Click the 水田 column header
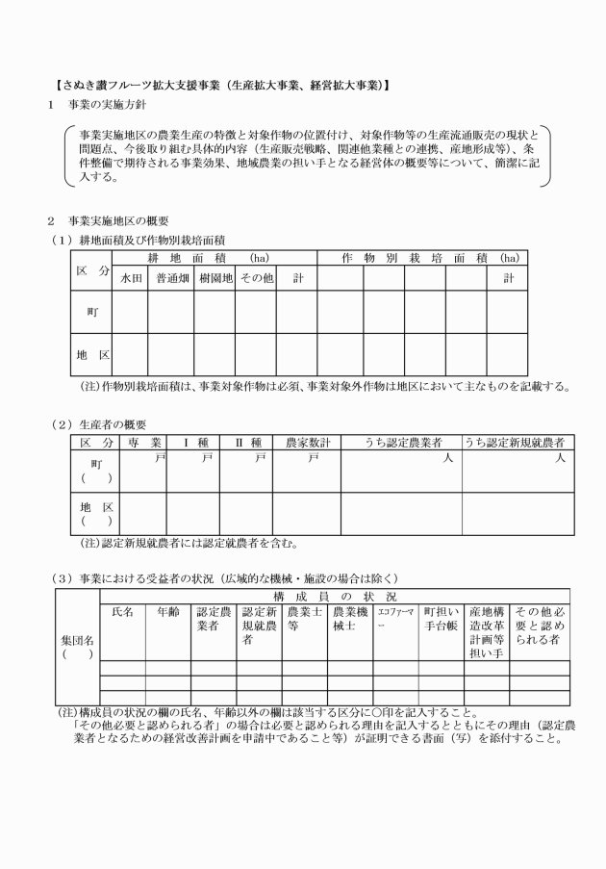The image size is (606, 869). click(131, 277)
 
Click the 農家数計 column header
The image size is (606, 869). click(307, 442)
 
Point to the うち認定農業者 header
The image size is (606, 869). click(402, 442)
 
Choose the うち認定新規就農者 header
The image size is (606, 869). click(514, 442)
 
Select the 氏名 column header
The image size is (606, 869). click(123, 611)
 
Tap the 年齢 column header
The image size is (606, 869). click(168, 611)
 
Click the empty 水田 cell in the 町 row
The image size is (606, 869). click(131, 311)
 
